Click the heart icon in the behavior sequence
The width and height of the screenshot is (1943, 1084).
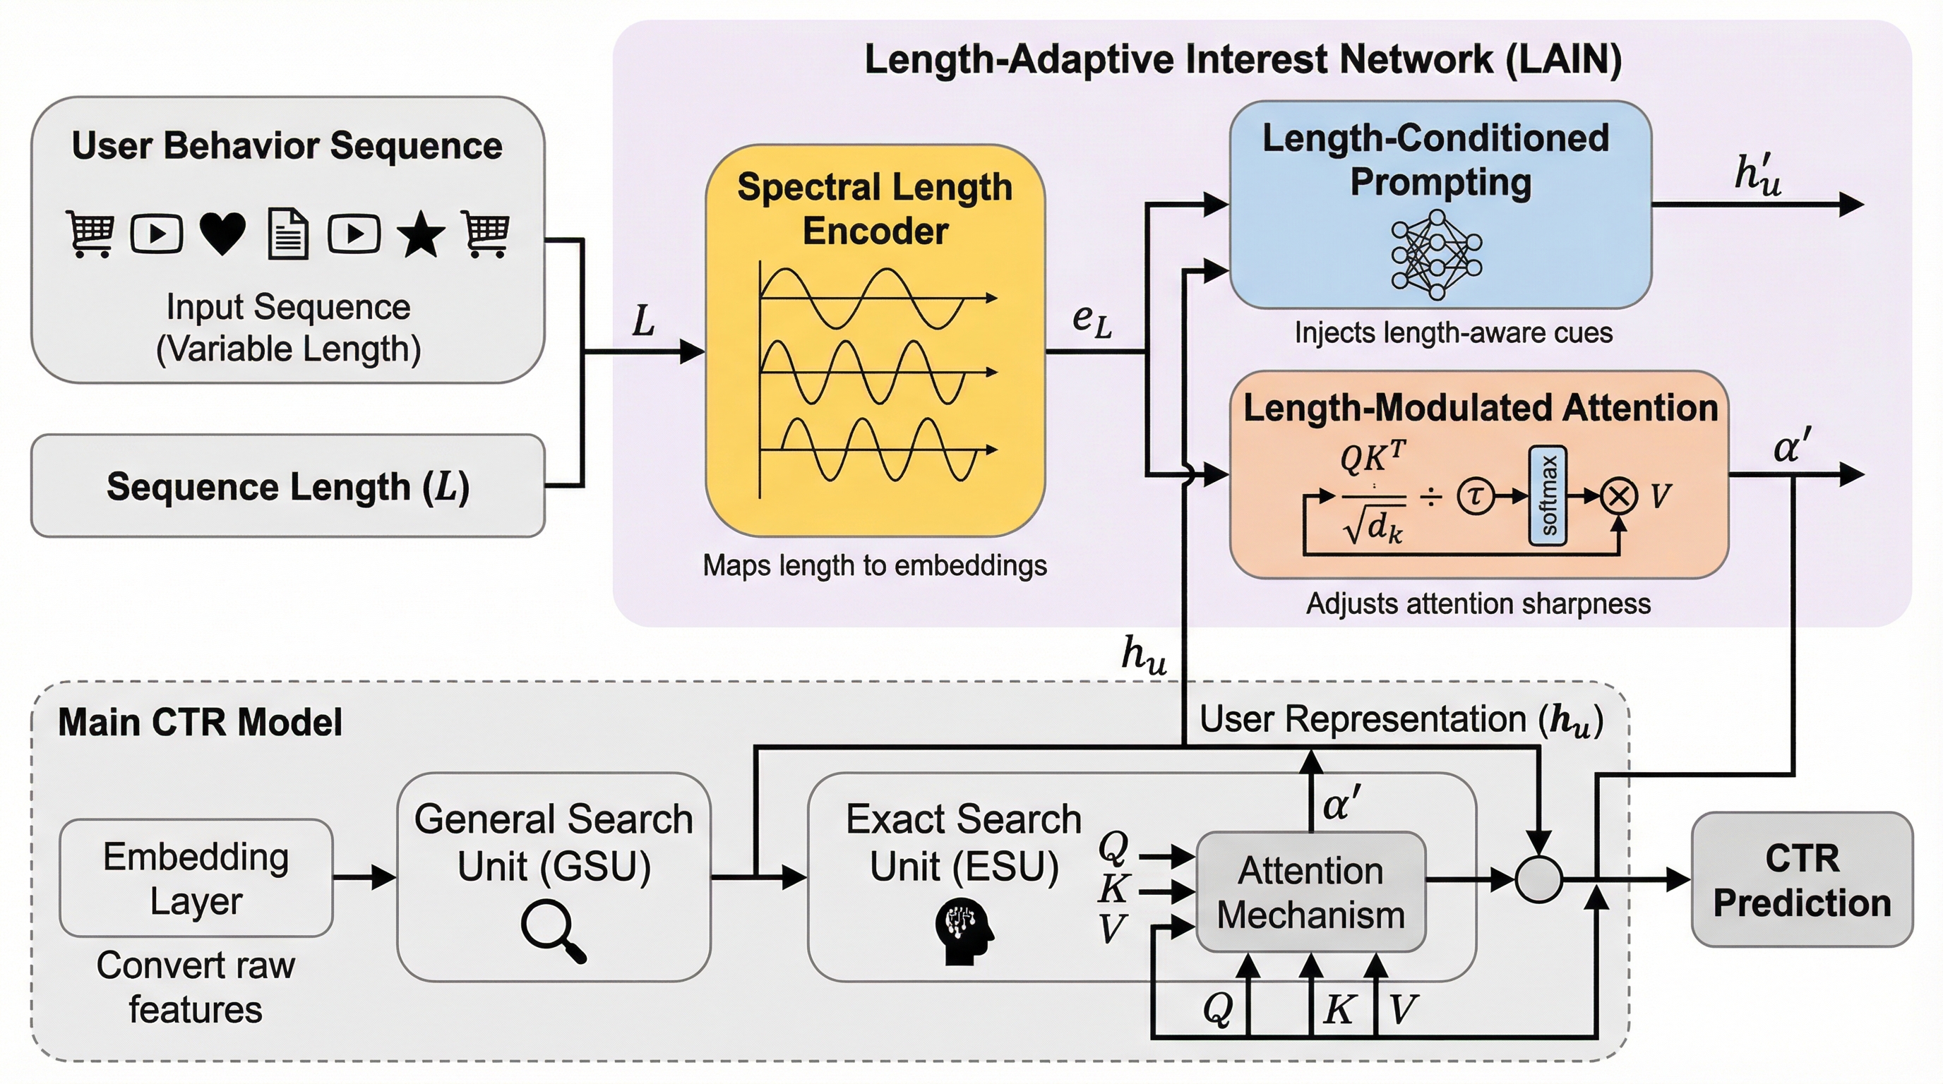(x=222, y=233)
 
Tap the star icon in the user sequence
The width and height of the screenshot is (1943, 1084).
(x=420, y=234)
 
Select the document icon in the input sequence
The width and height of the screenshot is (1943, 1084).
(x=288, y=234)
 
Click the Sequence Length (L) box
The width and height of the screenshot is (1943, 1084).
(x=287, y=486)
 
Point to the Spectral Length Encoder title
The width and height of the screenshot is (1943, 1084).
(x=875, y=209)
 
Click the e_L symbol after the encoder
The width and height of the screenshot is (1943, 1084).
(x=1092, y=320)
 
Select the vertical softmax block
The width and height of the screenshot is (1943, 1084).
(x=1548, y=495)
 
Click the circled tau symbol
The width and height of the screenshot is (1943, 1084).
(x=1476, y=495)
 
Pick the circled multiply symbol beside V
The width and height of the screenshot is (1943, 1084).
(x=1619, y=496)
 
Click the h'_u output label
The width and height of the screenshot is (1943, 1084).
(x=1757, y=176)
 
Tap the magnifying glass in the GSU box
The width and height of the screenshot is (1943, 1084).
(x=553, y=933)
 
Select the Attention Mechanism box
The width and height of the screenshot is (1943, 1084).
(x=1311, y=893)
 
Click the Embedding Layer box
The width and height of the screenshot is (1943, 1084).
(x=196, y=878)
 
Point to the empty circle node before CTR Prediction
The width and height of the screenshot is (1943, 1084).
(x=1538, y=879)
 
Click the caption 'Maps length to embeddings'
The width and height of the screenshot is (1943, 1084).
(x=875, y=565)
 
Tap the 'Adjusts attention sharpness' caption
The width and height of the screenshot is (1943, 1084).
(x=1478, y=604)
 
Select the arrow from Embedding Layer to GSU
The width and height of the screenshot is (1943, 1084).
(x=365, y=877)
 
